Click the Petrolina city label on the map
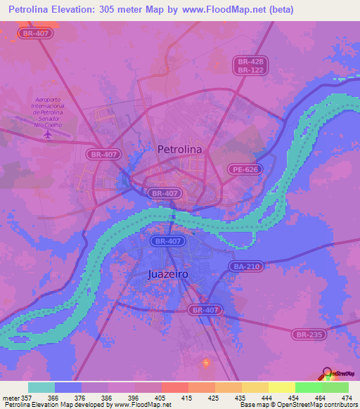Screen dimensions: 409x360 pos(180,149)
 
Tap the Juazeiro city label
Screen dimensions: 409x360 pos(169,274)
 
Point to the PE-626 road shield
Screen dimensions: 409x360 pos(244,169)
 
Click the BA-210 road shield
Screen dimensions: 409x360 pos(246,266)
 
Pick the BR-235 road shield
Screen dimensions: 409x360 pos(309,335)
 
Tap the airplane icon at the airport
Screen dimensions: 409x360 pos(47,134)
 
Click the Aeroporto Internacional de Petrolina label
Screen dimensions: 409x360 pos(48,112)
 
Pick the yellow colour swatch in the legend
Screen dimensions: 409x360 pos(281,387)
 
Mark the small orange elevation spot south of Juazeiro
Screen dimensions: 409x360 pos(206,363)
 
